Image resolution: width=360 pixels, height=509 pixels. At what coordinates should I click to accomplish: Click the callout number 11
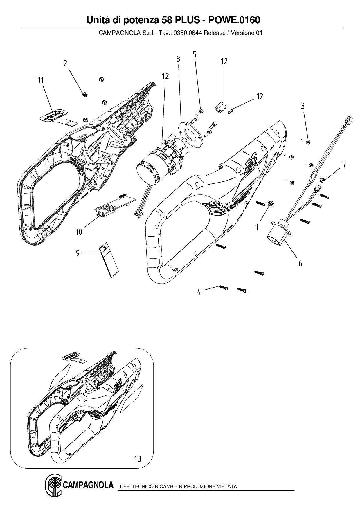tap(41, 80)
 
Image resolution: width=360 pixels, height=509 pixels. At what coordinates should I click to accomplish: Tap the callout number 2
tap(66, 63)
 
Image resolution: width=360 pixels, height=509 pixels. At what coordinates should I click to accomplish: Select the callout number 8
tap(178, 59)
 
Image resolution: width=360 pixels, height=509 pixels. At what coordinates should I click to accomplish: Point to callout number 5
tap(195, 54)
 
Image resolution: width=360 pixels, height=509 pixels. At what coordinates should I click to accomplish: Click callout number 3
tap(303, 106)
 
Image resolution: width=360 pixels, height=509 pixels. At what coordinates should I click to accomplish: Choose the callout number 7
tap(344, 165)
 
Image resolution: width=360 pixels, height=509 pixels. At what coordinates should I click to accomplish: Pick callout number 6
tap(300, 263)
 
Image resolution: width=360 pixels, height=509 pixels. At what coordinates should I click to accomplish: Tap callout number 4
tap(199, 292)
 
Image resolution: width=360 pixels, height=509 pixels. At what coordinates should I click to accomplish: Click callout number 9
tap(78, 253)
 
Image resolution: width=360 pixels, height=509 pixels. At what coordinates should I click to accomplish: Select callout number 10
tap(79, 232)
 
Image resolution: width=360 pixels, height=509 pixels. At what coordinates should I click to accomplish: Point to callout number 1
tap(257, 228)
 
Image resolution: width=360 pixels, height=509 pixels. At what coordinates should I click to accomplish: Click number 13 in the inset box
tap(138, 459)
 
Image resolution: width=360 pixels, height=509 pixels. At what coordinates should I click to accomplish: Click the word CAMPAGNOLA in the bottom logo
tap(88, 485)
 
